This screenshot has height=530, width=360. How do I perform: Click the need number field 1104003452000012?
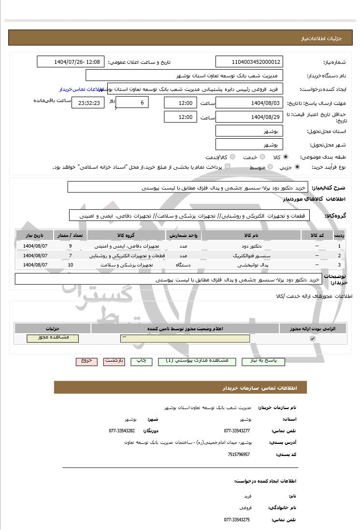(249, 62)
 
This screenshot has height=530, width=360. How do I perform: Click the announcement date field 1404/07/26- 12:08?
(71, 62)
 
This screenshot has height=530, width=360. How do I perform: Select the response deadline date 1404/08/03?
(249, 103)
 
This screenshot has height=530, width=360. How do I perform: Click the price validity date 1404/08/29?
(249, 117)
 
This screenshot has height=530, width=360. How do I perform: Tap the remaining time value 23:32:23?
(87, 103)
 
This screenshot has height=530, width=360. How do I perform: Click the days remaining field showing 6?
(132, 103)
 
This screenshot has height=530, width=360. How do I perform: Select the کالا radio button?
(286, 157)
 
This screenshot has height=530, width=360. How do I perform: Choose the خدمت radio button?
(262, 157)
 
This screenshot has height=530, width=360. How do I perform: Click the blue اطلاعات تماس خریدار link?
(80, 89)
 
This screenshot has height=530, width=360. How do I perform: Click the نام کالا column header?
(251, 235)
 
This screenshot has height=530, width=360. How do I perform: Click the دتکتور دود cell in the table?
(251, 246)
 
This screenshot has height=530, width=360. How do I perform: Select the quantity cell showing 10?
(71, 265)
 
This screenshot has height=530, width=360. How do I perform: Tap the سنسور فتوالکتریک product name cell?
(251, 255)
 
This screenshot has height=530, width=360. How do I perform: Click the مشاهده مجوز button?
(53, 338)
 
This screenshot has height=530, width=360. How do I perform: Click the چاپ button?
(142, 361)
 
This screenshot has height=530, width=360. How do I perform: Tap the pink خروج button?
(86, 361)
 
